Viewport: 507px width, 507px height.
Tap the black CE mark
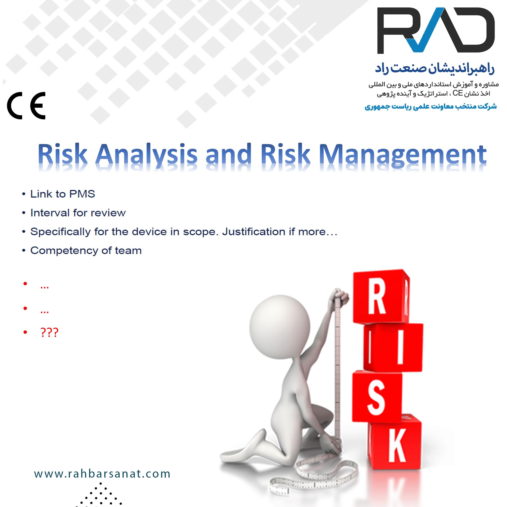click(26, 106)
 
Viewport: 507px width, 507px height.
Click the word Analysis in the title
click(146, 154)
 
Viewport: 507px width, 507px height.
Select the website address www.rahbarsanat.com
click(102, 474)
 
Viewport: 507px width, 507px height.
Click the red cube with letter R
click(381, 297)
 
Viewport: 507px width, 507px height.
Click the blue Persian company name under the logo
click(435, 68)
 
